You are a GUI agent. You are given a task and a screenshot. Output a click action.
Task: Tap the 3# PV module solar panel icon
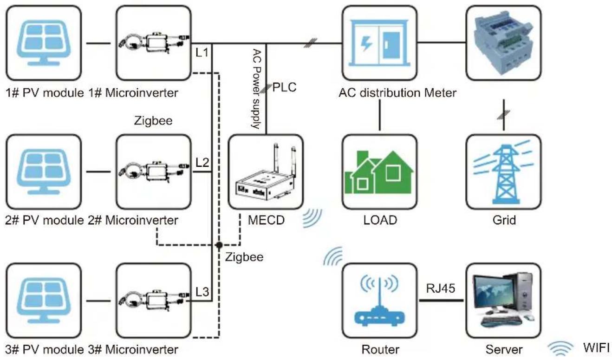tap(44, 301)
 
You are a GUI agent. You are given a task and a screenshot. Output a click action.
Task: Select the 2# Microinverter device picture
tap(154, 172)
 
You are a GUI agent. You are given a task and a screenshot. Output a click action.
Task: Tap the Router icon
tap(379, 301)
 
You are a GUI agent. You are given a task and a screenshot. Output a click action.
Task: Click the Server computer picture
tap(503, 300)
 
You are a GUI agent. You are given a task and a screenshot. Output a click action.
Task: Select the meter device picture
tap(503, 43)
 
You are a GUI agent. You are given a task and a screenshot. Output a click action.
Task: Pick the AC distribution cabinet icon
tap(379, 43)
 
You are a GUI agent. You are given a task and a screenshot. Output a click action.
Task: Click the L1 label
tap(202, 52)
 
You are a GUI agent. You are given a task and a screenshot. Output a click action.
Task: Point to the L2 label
tap(202, 163)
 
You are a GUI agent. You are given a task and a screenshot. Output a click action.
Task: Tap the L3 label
tap(202, 292)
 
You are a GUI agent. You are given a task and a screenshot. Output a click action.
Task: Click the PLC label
tap(285, 87)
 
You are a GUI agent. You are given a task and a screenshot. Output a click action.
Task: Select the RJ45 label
tap(440, 288)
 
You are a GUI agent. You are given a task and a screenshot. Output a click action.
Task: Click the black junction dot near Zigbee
tap(219, 245)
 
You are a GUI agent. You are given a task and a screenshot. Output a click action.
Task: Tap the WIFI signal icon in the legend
tap(560, 348)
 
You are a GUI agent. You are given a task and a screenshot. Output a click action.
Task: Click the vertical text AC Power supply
tap(256, 89)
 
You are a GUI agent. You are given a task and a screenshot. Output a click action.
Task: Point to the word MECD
tap(266, 220)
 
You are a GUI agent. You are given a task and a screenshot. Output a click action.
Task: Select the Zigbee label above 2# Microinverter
tap(153, 121)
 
